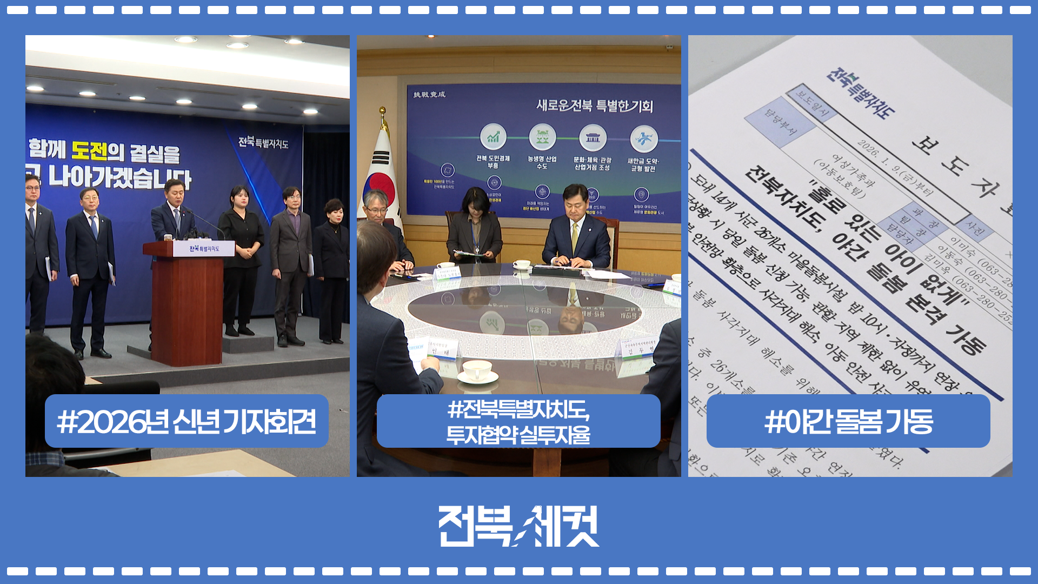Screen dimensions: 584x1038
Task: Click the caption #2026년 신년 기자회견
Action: point(187,421)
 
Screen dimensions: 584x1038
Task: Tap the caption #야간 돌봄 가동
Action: point(848,421)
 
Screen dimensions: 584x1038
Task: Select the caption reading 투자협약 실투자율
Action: point(518,435)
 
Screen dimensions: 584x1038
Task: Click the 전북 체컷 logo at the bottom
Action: point(518,526)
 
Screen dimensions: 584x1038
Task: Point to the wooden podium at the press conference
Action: point(187,303)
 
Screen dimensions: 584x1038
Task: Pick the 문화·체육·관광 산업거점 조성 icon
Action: point(593,138)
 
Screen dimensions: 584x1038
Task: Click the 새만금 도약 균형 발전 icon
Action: point(643,139)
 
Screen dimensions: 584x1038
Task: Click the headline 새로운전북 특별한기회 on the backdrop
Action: point(595,105)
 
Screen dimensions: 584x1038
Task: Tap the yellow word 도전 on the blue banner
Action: point(89,150)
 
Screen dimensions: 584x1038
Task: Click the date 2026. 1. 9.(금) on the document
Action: point(887,165)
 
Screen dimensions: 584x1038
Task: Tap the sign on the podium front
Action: point(204,249)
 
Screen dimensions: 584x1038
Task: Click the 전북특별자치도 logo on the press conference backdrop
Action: point(263,142)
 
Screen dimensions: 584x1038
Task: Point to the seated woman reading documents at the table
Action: point(474,227)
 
